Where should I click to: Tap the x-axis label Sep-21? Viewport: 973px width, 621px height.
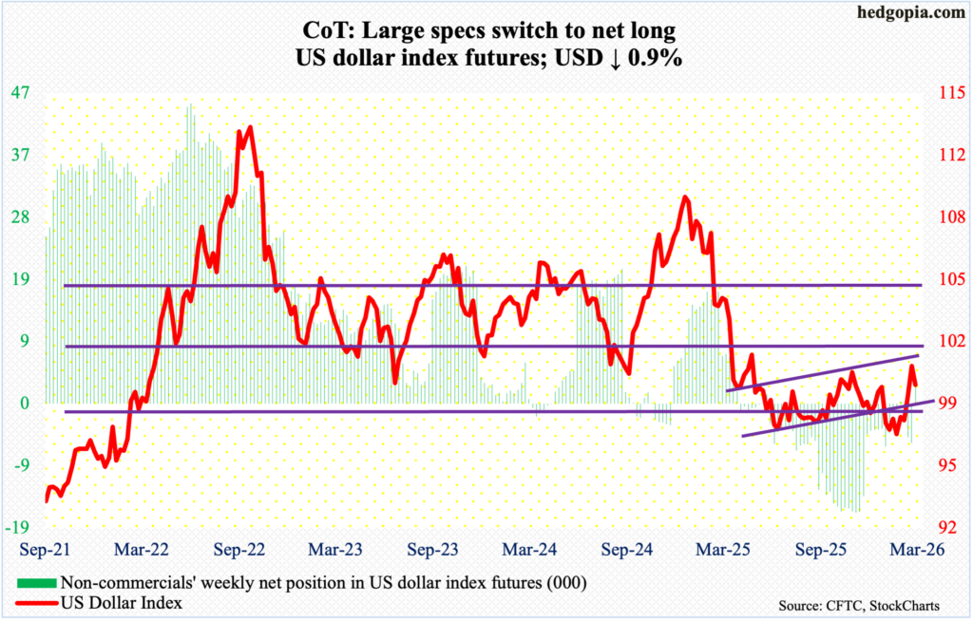tap(46, 550)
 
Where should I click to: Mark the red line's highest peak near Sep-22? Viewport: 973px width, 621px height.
tap(249, 127)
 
